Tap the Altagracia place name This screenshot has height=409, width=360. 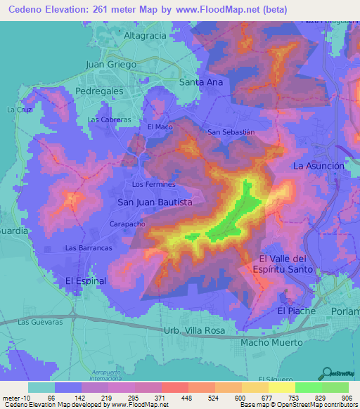144,35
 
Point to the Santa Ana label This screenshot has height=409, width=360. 201,82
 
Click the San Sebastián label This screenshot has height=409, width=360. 230,131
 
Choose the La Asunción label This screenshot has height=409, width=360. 319,166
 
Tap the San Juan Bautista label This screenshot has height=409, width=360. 155,202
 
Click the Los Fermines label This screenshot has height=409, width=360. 153,184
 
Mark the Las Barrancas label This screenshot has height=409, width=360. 89,248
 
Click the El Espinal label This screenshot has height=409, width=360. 86,280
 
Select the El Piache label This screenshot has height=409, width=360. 293,310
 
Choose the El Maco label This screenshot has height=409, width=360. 160,126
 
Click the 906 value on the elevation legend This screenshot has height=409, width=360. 347,398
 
